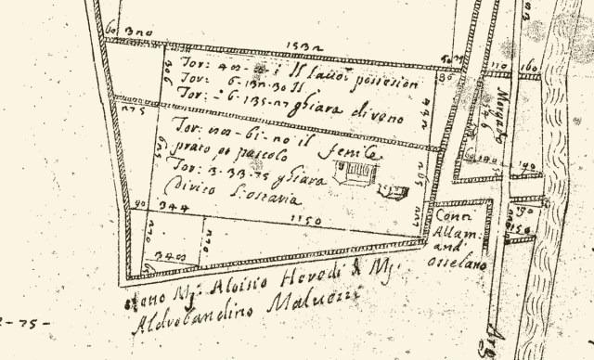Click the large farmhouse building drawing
coord(354,173)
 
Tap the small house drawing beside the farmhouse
coord(394,191)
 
